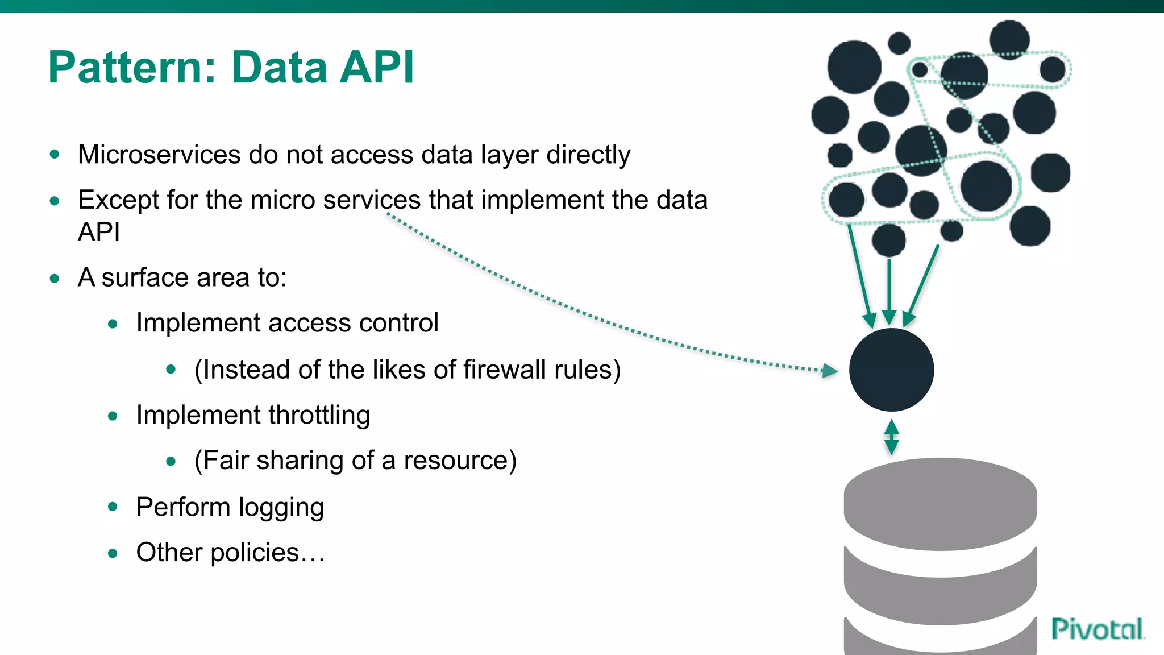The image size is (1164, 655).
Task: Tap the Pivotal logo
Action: click(x=1097, y=629)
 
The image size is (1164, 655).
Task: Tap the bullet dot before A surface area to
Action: click(x=55, y=279)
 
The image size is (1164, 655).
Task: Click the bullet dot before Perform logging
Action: click(x=113, y=507)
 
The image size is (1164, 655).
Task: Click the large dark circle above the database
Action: click(x=891, y=370)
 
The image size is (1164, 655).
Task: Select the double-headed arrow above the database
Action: click(x=892, y=437)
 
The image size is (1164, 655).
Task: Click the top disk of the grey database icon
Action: click(x=940, y=503)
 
